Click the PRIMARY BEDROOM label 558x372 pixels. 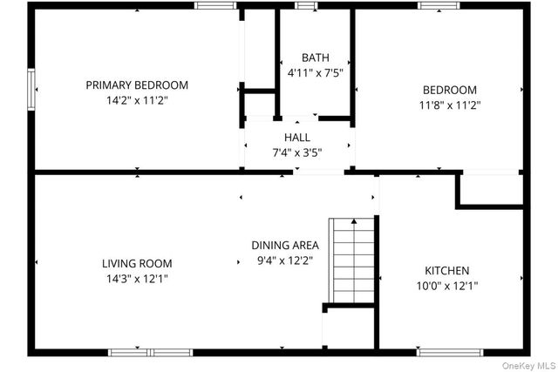click(x=137, y=85)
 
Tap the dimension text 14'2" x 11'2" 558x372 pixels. click(x=137, y=101)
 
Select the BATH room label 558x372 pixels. click(x=316, y=58)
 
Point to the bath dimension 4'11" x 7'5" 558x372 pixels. click(x=316, y=73)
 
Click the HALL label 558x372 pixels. click(x=296, y=138)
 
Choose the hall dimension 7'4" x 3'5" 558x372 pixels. click(x=296, y=152)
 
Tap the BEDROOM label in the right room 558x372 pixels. click(x=450, y=90)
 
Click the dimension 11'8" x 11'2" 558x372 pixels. click(x=450, y=105)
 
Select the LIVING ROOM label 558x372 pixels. click(x=137, y=263)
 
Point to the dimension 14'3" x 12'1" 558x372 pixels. click(x=137, y=279)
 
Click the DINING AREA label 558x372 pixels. click(x=285, y=245)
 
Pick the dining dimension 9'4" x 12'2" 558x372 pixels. click(x=285, y=260)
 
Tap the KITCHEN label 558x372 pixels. click(x=446, y=270)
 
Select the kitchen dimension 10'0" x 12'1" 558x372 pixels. click(x=446, y=285)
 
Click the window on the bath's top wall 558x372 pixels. click(x=305, y=6)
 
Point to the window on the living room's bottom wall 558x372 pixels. click(x=150, y=353)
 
